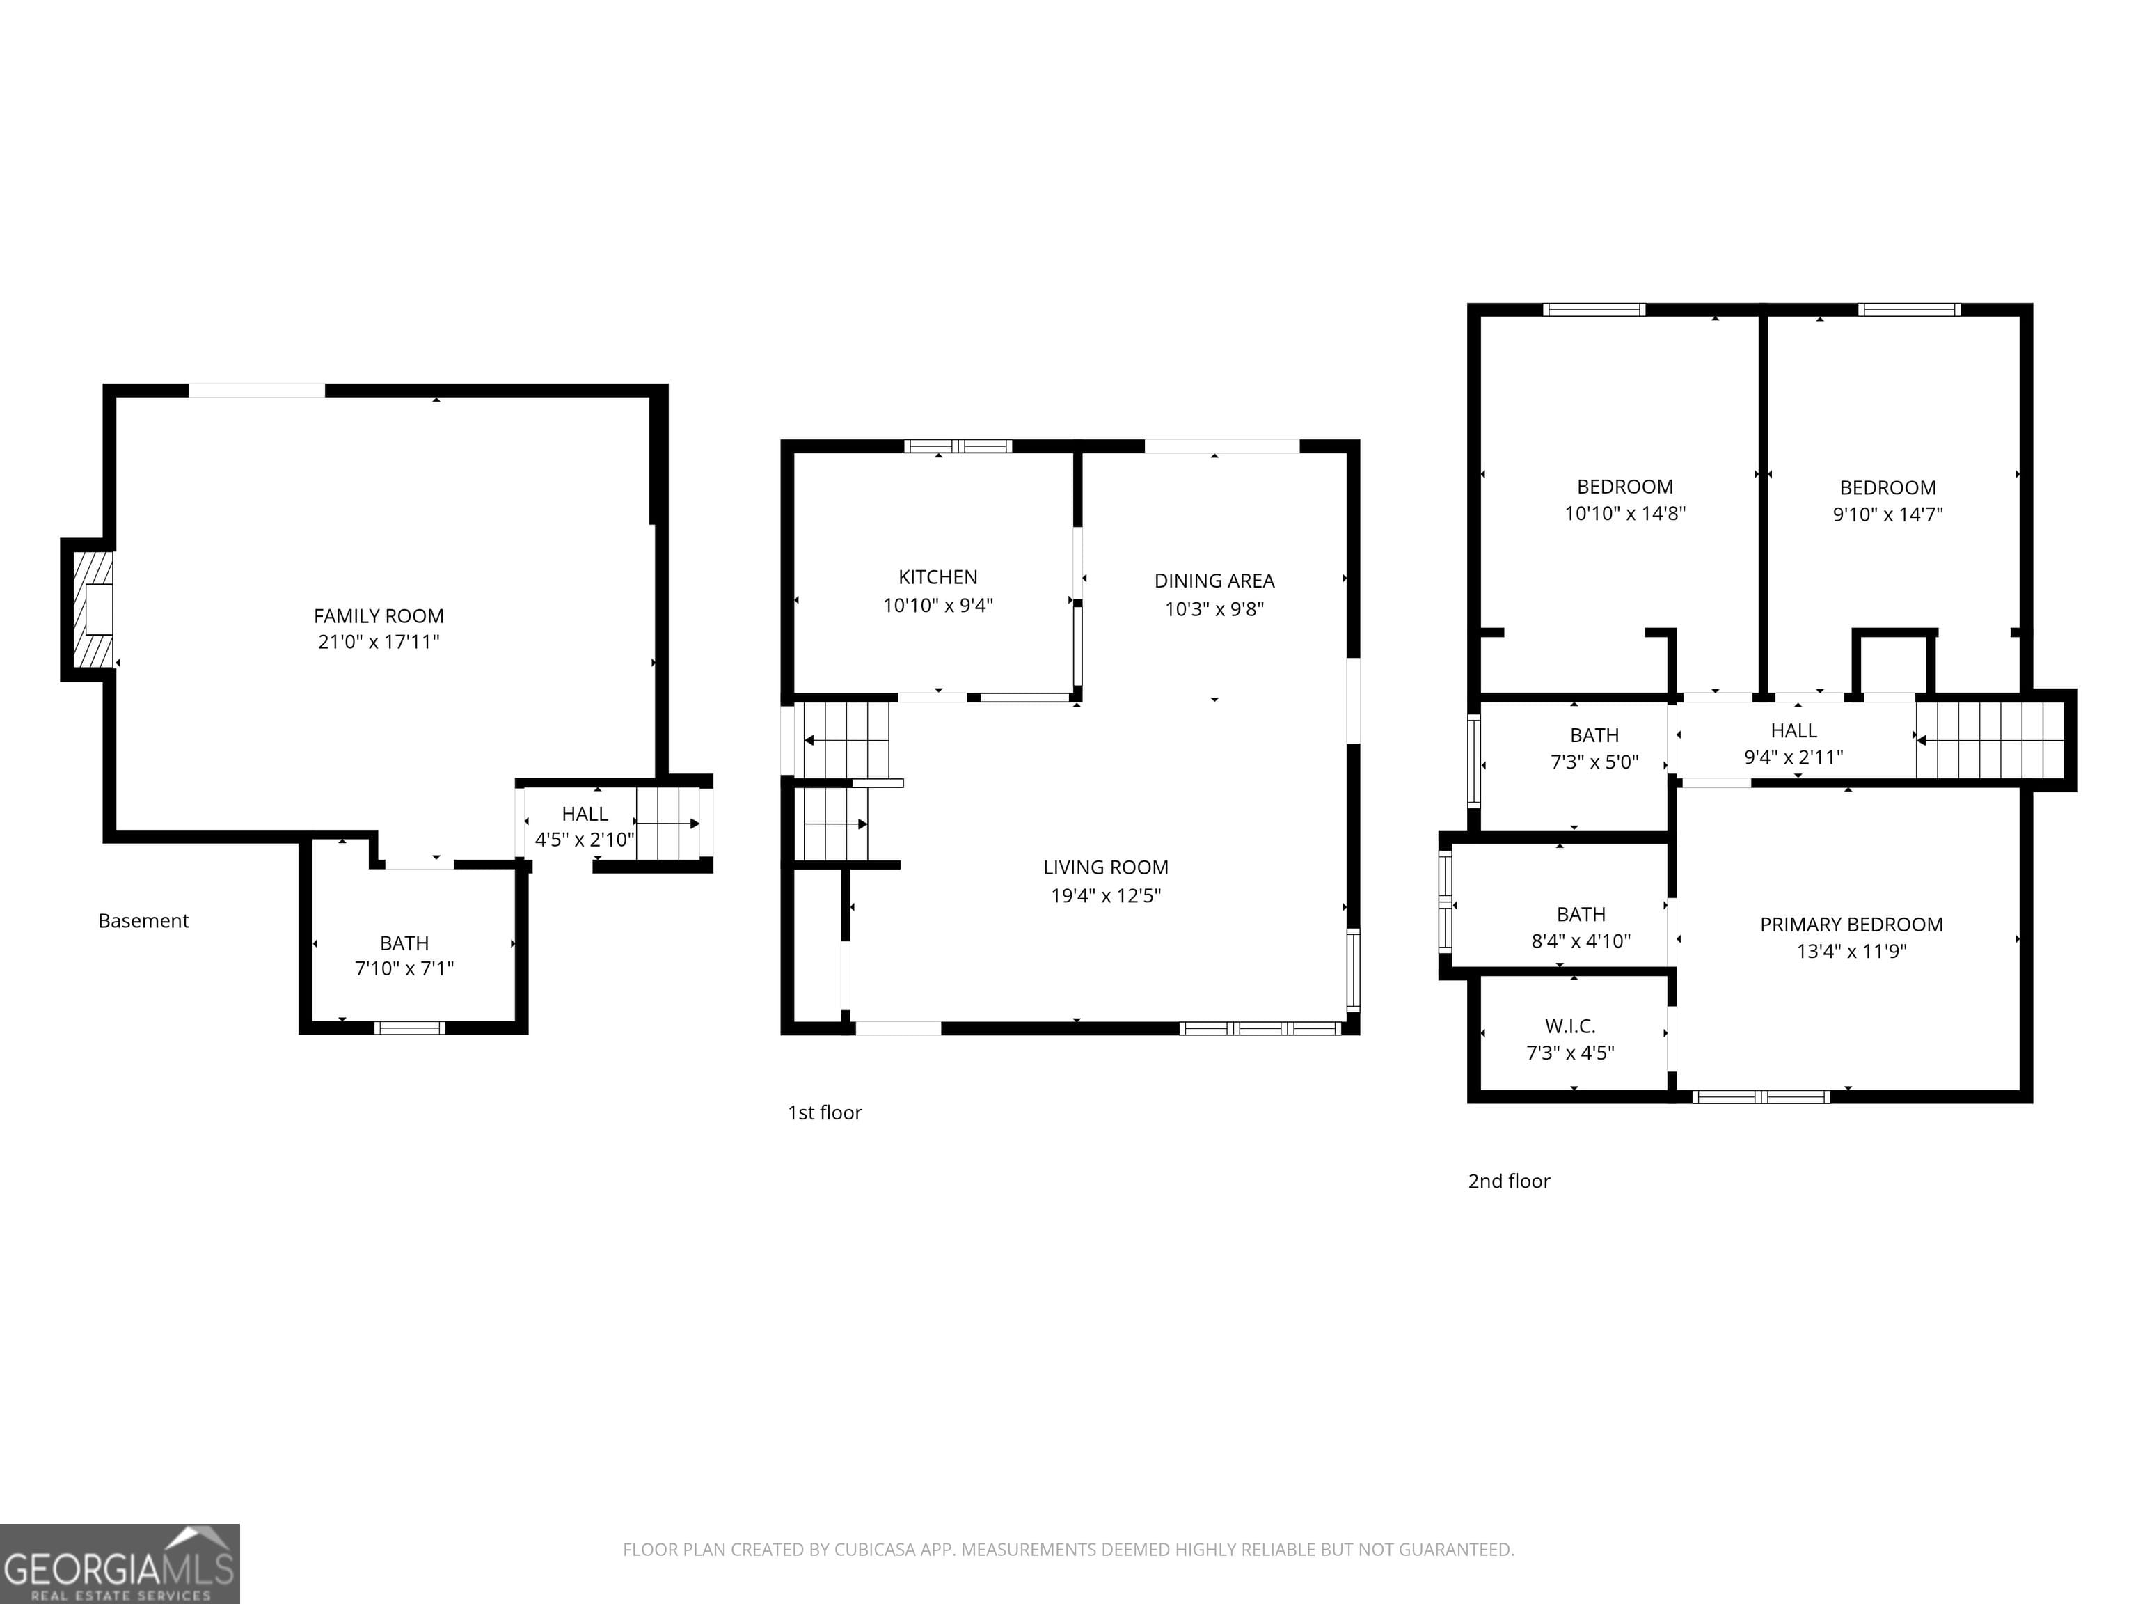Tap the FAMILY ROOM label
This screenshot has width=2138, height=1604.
point(378,616)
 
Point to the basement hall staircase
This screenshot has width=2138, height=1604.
point(667,824)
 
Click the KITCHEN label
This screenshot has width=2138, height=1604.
point(937,577)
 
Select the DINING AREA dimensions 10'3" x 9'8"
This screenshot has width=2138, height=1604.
point(1214,609)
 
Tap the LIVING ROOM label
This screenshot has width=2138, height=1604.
point(1104,868)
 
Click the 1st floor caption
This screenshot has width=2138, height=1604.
point(825,1112)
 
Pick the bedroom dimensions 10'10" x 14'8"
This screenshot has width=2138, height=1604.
point(1625,513)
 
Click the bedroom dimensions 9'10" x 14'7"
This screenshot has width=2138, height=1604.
point(1887,514)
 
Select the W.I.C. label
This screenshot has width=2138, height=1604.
point(1569,1027)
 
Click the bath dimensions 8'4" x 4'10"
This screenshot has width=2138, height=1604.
point(1581,941)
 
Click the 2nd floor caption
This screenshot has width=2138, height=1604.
point(1508,1181)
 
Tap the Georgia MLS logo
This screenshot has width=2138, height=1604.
point(119,1564)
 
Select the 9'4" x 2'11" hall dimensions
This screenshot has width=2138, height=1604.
point(1793,757)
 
